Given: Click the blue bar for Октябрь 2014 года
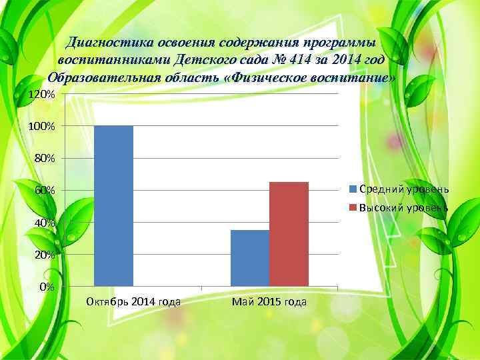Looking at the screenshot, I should (114, 205).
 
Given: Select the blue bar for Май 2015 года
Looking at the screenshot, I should (249, 258).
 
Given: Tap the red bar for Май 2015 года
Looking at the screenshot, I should (289, 234).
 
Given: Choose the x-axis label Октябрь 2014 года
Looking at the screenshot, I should (133, 302).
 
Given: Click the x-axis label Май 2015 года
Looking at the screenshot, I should (269, 302).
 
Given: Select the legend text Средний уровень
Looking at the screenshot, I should (404, 189).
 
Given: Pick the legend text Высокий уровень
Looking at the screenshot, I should (404, 208).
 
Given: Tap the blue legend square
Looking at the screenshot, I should (353, 189).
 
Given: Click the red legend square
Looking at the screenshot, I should (353, 208).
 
